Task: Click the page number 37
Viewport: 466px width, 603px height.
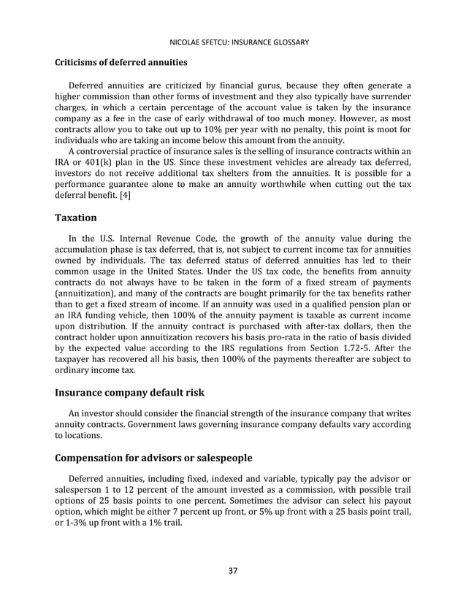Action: [233, 570]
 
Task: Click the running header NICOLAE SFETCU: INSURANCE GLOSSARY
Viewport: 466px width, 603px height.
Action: [233, 42]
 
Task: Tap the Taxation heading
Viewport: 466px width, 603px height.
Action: [76, 217]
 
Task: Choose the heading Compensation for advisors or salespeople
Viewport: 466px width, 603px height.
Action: [153, 458]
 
